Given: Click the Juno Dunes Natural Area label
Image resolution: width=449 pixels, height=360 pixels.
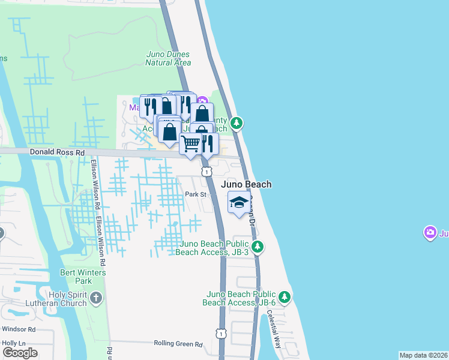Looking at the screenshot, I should point(169,58).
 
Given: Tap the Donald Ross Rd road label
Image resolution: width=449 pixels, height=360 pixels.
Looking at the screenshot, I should point(57,153).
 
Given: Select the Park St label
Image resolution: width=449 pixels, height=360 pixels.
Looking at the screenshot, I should point(195,194).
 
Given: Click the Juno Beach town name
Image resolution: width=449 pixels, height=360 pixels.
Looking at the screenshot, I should point(246,184).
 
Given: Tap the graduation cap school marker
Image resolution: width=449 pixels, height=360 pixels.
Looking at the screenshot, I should point(239,202).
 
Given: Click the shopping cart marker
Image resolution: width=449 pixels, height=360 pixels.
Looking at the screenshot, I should point(190,143).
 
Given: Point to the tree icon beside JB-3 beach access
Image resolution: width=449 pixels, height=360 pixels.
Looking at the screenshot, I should point(258,246).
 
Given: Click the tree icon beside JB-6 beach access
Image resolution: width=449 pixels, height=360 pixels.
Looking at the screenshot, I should point(285,296).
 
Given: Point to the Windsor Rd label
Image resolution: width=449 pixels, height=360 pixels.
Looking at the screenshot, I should point(19,329).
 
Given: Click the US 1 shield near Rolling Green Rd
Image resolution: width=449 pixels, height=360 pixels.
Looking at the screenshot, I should point(221,333).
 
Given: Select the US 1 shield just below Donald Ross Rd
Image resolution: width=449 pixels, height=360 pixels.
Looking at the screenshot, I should point(206,172).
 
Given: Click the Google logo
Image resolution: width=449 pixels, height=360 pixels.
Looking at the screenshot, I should point(20,352).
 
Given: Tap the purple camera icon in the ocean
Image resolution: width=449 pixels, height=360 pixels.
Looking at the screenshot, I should point(430,232).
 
